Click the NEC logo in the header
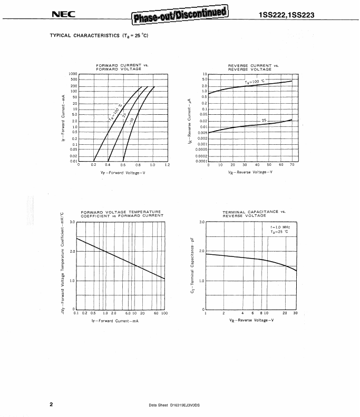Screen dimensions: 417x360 [x=64, y=15]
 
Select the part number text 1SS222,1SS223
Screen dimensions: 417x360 [x=286, y=15]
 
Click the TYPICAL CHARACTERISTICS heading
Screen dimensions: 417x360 [x=99, y=36]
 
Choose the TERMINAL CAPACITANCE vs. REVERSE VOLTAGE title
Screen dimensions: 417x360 [x=253, y=213]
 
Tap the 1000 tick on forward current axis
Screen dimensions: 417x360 [x=73, y=74]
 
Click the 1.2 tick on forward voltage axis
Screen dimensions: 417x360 [x=167, y=165]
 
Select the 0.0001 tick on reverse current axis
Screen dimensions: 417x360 [x=201, y=161]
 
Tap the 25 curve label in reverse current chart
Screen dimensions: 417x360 [x=265, y=121]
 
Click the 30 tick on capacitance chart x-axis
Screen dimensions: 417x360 [x=295, y=313]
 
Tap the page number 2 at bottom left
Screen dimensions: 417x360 [x=51, y=404]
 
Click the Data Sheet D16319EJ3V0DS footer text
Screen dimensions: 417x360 [x=178, y=405]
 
